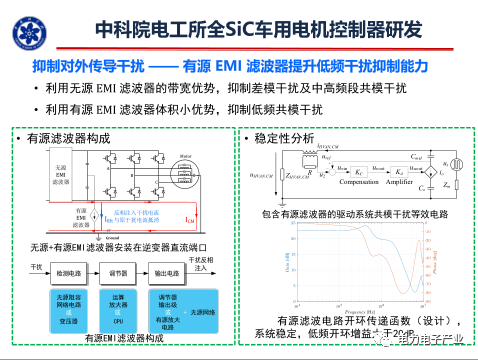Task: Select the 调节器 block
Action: tap(119, 271)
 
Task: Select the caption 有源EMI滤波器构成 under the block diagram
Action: tap(124, 340)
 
